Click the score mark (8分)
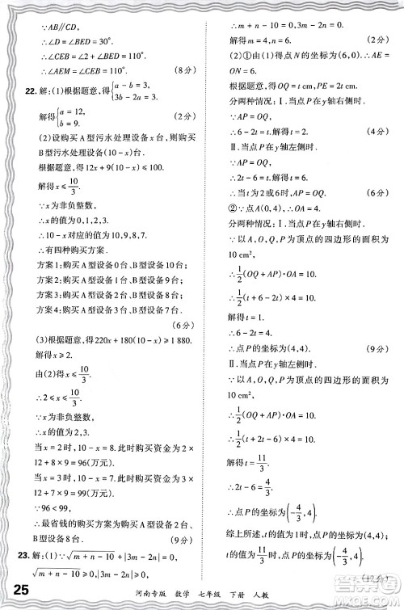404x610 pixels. (181, 78)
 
